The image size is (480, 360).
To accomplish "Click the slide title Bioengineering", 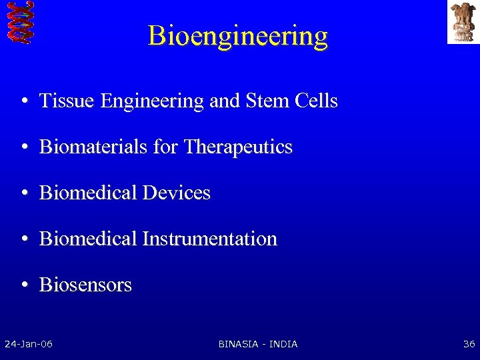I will pyautogui.click(x=238, y=35).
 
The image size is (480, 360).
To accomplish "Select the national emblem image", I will pyautogui.click(x=463, y=21).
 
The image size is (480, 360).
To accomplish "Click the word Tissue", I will pyautogui.click(x=68, y=101).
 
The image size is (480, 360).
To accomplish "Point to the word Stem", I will pyautogui.click(x=265, y=101).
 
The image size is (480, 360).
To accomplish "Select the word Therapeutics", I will pyautogui.click(x=238, y=147).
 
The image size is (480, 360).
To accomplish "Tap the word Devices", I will pyautogui.click(x=177, y=193).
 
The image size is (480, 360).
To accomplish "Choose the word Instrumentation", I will pyautogui.click(x=209, y=239).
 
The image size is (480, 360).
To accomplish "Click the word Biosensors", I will pyautogui.click(x=85, y=285).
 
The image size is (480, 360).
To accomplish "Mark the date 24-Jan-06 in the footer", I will pyautogui.click(x=29, y=344).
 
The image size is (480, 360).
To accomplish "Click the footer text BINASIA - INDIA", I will pyautogui.click(x=258, y=344).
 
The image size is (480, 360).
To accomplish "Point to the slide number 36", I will pyautogui.click(x=469, y=344).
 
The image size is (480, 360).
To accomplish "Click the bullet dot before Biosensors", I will pyautogui.click(x=23, y=285).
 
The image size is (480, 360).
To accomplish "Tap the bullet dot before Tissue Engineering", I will pyautogui.click(x=23, y=102).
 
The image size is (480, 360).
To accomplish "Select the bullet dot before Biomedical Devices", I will pyautogui.click(x=23, y=193).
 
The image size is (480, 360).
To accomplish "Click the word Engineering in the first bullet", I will pyautogui.click(x=151, y=101).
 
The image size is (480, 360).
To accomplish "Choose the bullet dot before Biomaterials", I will pyautogui.click(x=23, y=147).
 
